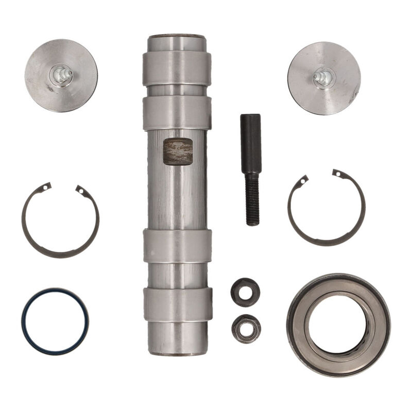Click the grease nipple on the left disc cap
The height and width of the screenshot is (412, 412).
click(61, 75)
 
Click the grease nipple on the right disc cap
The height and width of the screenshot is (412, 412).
click(324, 78)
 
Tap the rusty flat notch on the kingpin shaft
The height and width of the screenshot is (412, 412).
click(178, 151)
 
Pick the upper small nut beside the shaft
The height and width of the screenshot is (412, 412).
click(245, 292)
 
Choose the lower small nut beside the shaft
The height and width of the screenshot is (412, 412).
click(246, 328)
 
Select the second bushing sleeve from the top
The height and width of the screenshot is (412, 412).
click(177, 113)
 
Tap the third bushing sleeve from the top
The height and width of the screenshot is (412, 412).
click(177, 246)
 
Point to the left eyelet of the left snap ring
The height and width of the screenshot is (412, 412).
click(46, 187)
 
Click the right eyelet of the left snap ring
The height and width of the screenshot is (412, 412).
click(80, 190)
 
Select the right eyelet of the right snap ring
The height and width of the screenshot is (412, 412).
click(337, 174)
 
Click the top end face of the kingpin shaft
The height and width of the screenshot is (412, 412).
click(177, 37)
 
